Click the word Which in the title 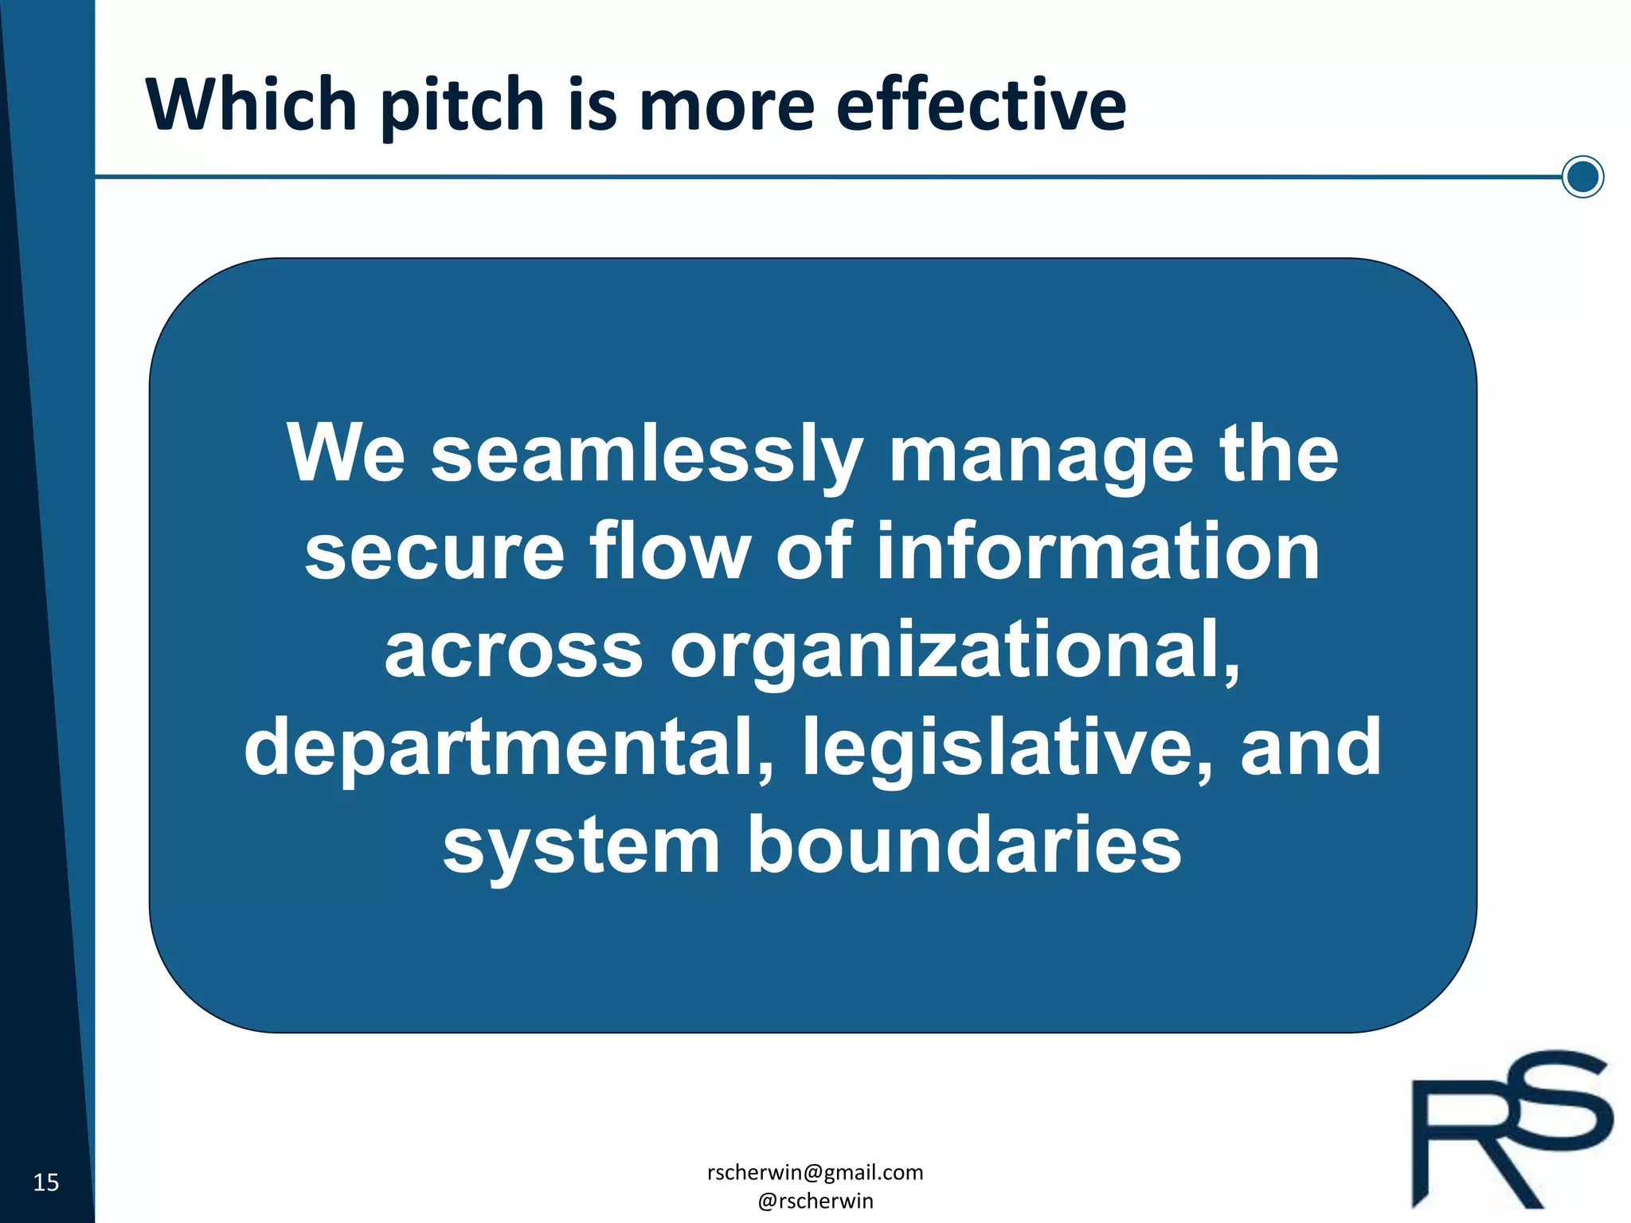point(251,104)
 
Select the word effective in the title point(980,104)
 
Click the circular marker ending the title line point(1582,176)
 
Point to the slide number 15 point(46,1182)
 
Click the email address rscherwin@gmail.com point(815,1172)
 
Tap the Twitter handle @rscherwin point(815,1201)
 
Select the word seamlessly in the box point(647,455)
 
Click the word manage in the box point(1041,455)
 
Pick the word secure point(434,552)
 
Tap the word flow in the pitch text point(670,552)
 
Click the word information point(1098,552)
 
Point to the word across point(513,650)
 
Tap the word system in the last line point(581,846)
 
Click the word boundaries point(964,845)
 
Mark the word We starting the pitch point(346,454)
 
